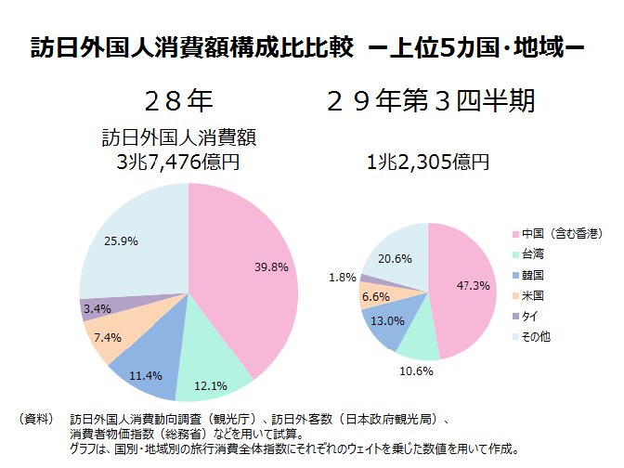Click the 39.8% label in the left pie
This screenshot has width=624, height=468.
pyautogui.click(x=272, y=266)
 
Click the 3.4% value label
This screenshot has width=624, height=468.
pyautogui.click(x=97, y=307)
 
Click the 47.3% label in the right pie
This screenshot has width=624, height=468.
pyautogui.click(x=474, y=285)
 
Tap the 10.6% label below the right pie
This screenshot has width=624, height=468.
pyautogui.click(x=415, y=370)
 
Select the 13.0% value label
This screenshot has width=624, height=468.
pyautogui.click(x=387, y=320)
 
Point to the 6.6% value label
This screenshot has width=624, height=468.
pyautogui.click(x=374, y=296)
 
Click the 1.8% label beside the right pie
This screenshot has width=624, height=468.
pyautogui.click(x=343, y=277)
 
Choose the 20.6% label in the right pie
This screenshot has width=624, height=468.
pyautogui.click(x=396, y=258)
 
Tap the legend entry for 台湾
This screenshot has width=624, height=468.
pyautogui.click(x=533, y=253)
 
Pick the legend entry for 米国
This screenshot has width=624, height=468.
pyautogui.click(x=533, y=295)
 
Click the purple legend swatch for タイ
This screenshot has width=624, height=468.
pyautogui.click(x=513, y=317)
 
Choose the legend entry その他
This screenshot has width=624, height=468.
pyautogui.click(x=536, y=337)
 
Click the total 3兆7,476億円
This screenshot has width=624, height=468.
pyautogui.click(x=178, y=162)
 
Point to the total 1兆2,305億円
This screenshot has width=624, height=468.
pyautogui.click(x=428, y=162)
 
